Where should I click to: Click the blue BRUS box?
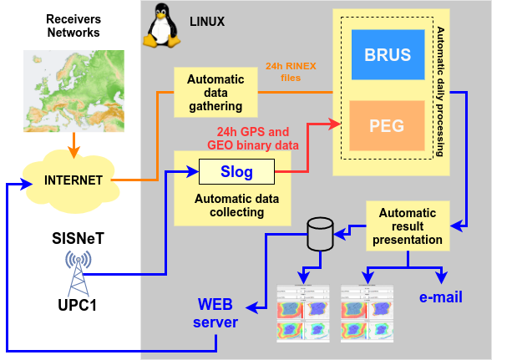pyautogui.click(x=388, y=55)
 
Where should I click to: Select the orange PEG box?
pyautogui.click(x=387, y=126)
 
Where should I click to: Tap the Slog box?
pyautogui.click(x=237, y=172)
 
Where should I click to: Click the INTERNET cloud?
pyautogui.click(x=74, y=179)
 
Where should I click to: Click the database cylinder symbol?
pyautogui.click(x=321, y=235)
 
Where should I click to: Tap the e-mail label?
pyautogui.click(x=440, y=297)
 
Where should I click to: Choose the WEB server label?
pyautogui.click(x=215, y=312)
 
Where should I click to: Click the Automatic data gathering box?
pyautogui.click(x=215, y=93)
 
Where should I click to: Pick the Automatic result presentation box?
pyautogui.click(x=408, y=226)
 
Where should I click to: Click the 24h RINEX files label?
pyautogui.click(x=291, y=72)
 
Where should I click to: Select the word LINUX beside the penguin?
pyautogui.click(x=206, y=21)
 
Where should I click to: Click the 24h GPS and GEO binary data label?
pyautogui.click(x=253, y=139)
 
